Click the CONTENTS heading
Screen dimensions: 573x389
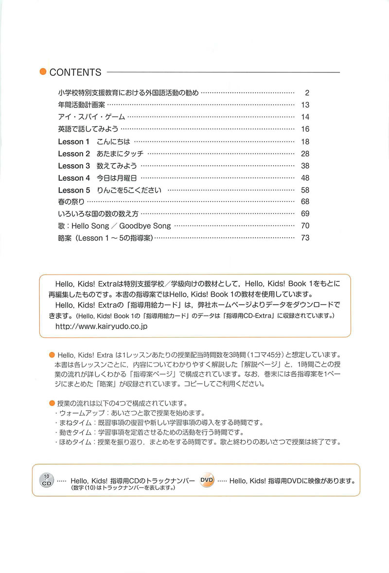click(75, 72)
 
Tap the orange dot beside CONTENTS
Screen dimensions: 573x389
click(43, 72)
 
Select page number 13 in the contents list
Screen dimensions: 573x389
click(305, 104)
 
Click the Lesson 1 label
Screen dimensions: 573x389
click(74, 141)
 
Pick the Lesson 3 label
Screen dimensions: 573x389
click(74, 166)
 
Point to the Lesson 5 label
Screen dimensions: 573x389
click(74, 190)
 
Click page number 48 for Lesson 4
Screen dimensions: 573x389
click(305, 178)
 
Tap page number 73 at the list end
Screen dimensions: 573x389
click(305, 238)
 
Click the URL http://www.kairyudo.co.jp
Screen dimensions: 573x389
click(102, 326)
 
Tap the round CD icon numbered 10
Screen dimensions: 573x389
click(47, 480)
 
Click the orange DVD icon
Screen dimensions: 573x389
click(207, 479)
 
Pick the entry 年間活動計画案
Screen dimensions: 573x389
click(81, 104)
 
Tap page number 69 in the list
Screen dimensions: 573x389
click(305, 214)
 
